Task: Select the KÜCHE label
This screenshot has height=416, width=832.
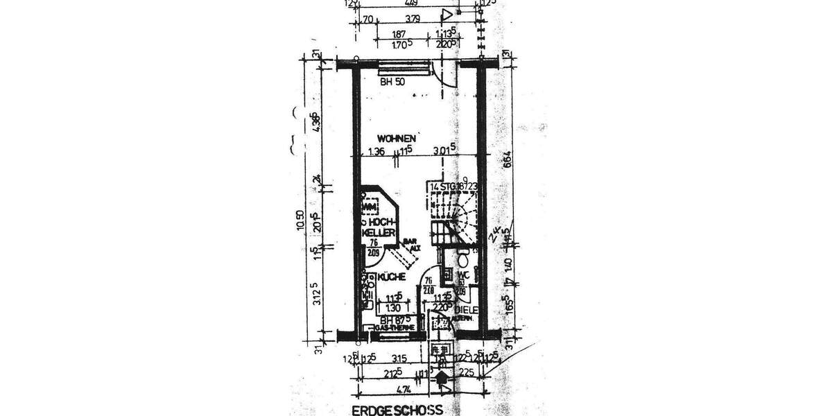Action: click(x=390, y=276)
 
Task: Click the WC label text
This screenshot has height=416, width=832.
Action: click(x=462, y=275)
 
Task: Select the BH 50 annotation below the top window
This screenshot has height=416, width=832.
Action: click(x=392, y=81)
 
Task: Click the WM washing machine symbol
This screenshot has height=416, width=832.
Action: click(x=372, y=206)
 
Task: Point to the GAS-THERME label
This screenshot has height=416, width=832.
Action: click(x=398, y=327)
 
